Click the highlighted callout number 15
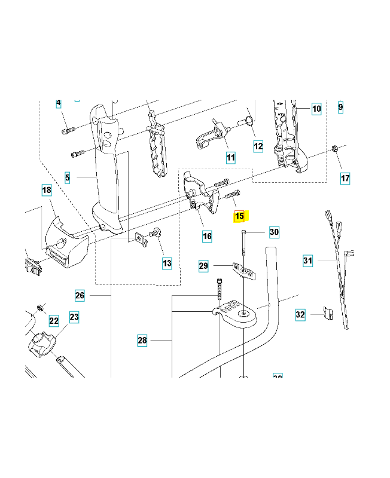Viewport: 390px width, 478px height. click(x=239, y=216)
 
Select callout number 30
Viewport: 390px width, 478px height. click(x=274, y=232)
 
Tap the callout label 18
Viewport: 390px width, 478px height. click(x=47, y=190)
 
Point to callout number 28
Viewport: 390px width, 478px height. click(x=142, y=340)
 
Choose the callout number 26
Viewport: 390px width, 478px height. click(x=80, y=295)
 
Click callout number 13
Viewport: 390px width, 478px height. click(x=167, y=263)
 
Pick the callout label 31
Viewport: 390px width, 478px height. click(x=307, y=261)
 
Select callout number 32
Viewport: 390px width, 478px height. click(x=300, y=314)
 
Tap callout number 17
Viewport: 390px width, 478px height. click(x=345, y=178)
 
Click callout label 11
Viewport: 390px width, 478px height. click(x=231, y=158)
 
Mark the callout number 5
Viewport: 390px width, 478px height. click(x=68, y=177)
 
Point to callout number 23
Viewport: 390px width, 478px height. click(x=74, y=317)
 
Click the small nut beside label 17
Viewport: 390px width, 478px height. click(x=335, y=149)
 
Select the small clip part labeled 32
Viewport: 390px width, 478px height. click(x=328, y=313)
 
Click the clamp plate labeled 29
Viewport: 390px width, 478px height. click(x=244, y=271)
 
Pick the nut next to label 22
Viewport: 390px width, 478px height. click(x=39, y=308)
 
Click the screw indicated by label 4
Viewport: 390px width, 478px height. click(x=68, y=131)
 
